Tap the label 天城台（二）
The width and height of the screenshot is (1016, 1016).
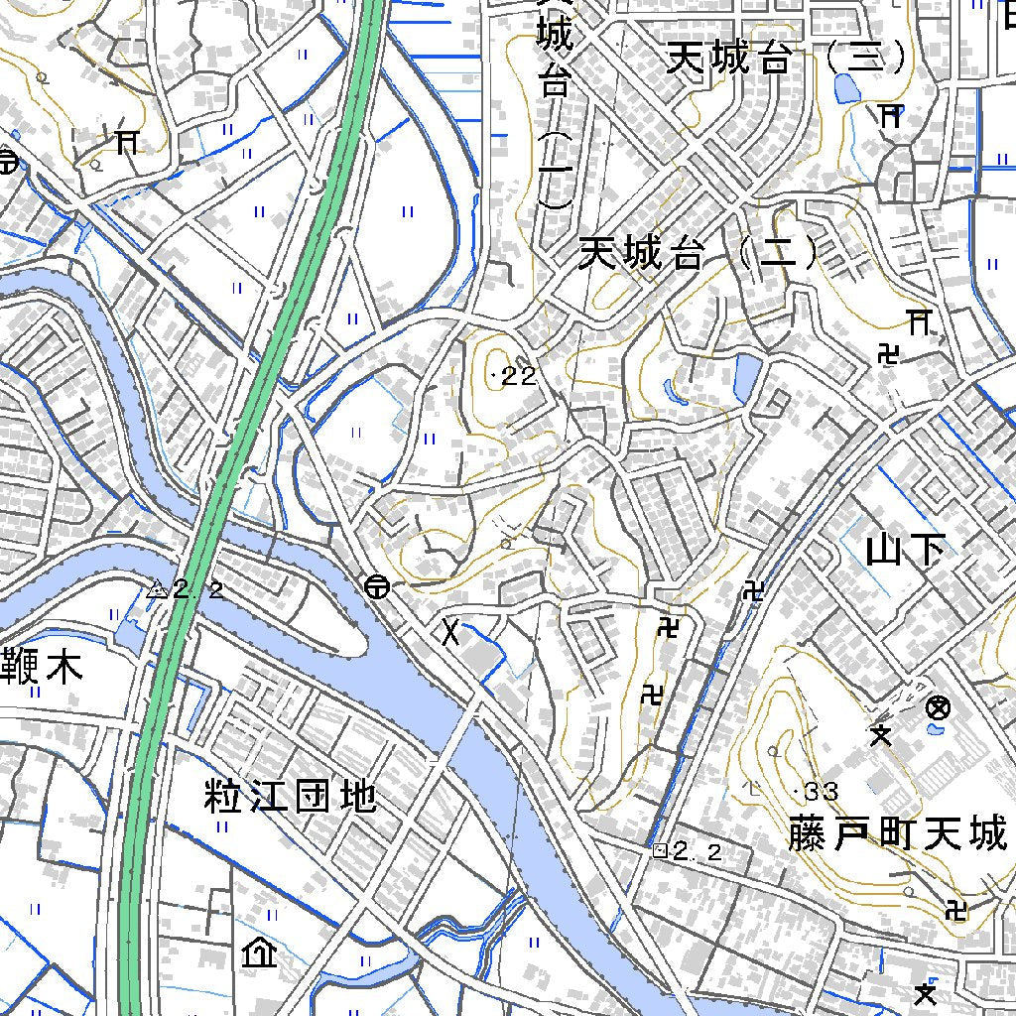click(x=699, y=256)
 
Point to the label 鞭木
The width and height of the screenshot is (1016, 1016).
click(x=41, y=668)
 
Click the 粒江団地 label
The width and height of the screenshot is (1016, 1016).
click(x=291, y=796)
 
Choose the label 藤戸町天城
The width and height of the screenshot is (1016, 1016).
click(x=898, y=834)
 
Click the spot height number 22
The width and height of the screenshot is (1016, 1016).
click(x=516, y=376)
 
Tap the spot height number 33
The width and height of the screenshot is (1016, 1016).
click(x=820, y=791)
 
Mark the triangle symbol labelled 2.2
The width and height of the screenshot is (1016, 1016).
click(x=156, y=589)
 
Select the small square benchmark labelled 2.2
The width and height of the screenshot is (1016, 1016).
click(x=660, y=850)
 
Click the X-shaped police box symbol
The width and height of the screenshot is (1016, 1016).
click(x=450, y=632)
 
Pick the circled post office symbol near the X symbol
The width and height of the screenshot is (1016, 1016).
click(x=376, y=587)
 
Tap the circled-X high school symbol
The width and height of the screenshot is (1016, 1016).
click(x=938, y=708)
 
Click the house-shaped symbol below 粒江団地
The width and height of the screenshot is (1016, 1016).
click(x=258, y=954)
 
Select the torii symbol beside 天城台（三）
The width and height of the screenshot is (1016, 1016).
click(x=890, y=116)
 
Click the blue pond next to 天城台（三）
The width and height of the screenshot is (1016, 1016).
click(x=848, y=88)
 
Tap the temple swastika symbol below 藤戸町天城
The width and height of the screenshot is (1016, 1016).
click(x=956, y=908)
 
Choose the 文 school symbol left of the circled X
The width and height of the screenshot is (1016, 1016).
click(x=880, y=735)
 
